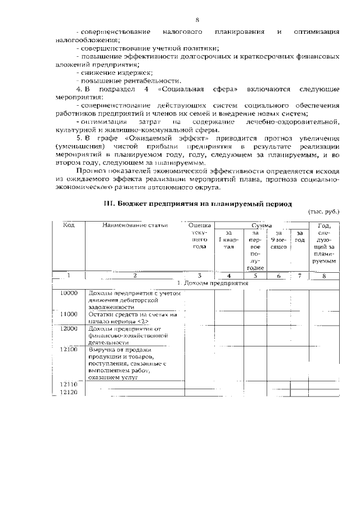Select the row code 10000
69,293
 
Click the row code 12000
69,328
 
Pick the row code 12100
69,350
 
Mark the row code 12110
69,384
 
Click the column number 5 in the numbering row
255,276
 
